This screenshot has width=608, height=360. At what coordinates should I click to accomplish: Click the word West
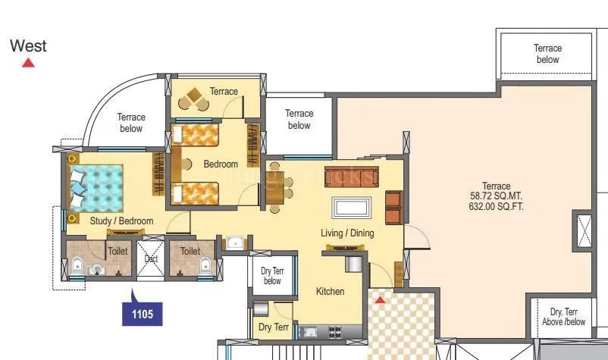tap(28, 45)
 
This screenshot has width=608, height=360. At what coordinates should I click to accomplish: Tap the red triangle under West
tap(28, 64)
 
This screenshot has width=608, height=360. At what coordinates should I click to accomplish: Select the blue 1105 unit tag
tap(143, 312)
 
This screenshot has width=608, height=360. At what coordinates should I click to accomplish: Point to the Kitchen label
tap(331, 291)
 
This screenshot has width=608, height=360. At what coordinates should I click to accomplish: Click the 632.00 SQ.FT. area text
tap(497, 205)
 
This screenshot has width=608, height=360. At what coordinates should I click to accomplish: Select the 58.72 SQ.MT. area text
tap(497, 196)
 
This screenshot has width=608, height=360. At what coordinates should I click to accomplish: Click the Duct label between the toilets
tap(150, 258)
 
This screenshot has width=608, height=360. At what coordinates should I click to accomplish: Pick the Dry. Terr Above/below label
tap(563, 317)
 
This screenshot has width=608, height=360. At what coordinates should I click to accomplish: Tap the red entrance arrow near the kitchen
tap(381, 300)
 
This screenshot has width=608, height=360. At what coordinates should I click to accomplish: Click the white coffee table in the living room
tap(352, 207)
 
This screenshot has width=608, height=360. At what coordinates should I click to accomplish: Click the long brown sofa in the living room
tap(349, 176)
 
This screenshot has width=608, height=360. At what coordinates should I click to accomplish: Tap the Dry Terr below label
tap(271, 276)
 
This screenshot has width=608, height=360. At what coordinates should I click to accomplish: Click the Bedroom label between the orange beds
tap(221, 164)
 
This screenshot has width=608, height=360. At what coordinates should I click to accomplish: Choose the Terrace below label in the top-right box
tap(547, 54)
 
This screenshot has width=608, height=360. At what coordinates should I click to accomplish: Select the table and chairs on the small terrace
tap(195, 98)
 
